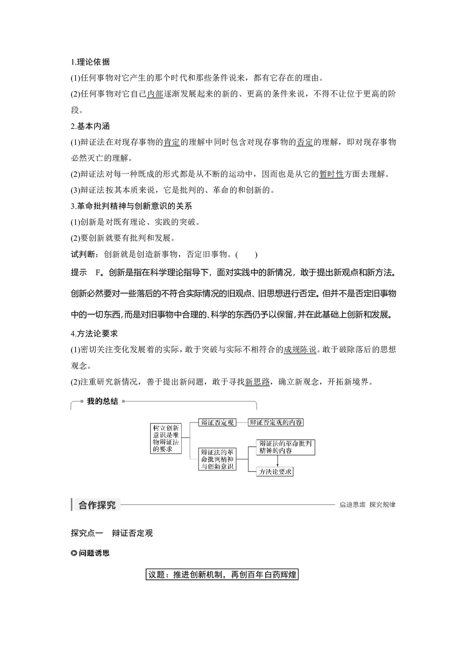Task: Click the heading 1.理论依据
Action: (91, 62)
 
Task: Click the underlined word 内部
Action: (155, 94)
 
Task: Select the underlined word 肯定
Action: (171, 142)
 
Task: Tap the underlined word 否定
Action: (305, 142)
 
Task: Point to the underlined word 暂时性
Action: (332, 174)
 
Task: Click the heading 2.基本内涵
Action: (91, 126)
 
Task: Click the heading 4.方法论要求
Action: (94, 333)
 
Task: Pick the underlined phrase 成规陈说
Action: (300, 350)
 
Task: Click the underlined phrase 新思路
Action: (257, 382)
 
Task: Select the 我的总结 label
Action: (102, 401)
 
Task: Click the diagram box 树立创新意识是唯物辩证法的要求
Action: (166, 438)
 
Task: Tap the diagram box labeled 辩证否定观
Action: (217, 422)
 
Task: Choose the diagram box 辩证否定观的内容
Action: (276, 422)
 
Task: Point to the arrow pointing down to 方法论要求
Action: (278, 461)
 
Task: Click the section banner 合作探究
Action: (97, 505)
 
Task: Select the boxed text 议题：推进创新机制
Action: (222, 575)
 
